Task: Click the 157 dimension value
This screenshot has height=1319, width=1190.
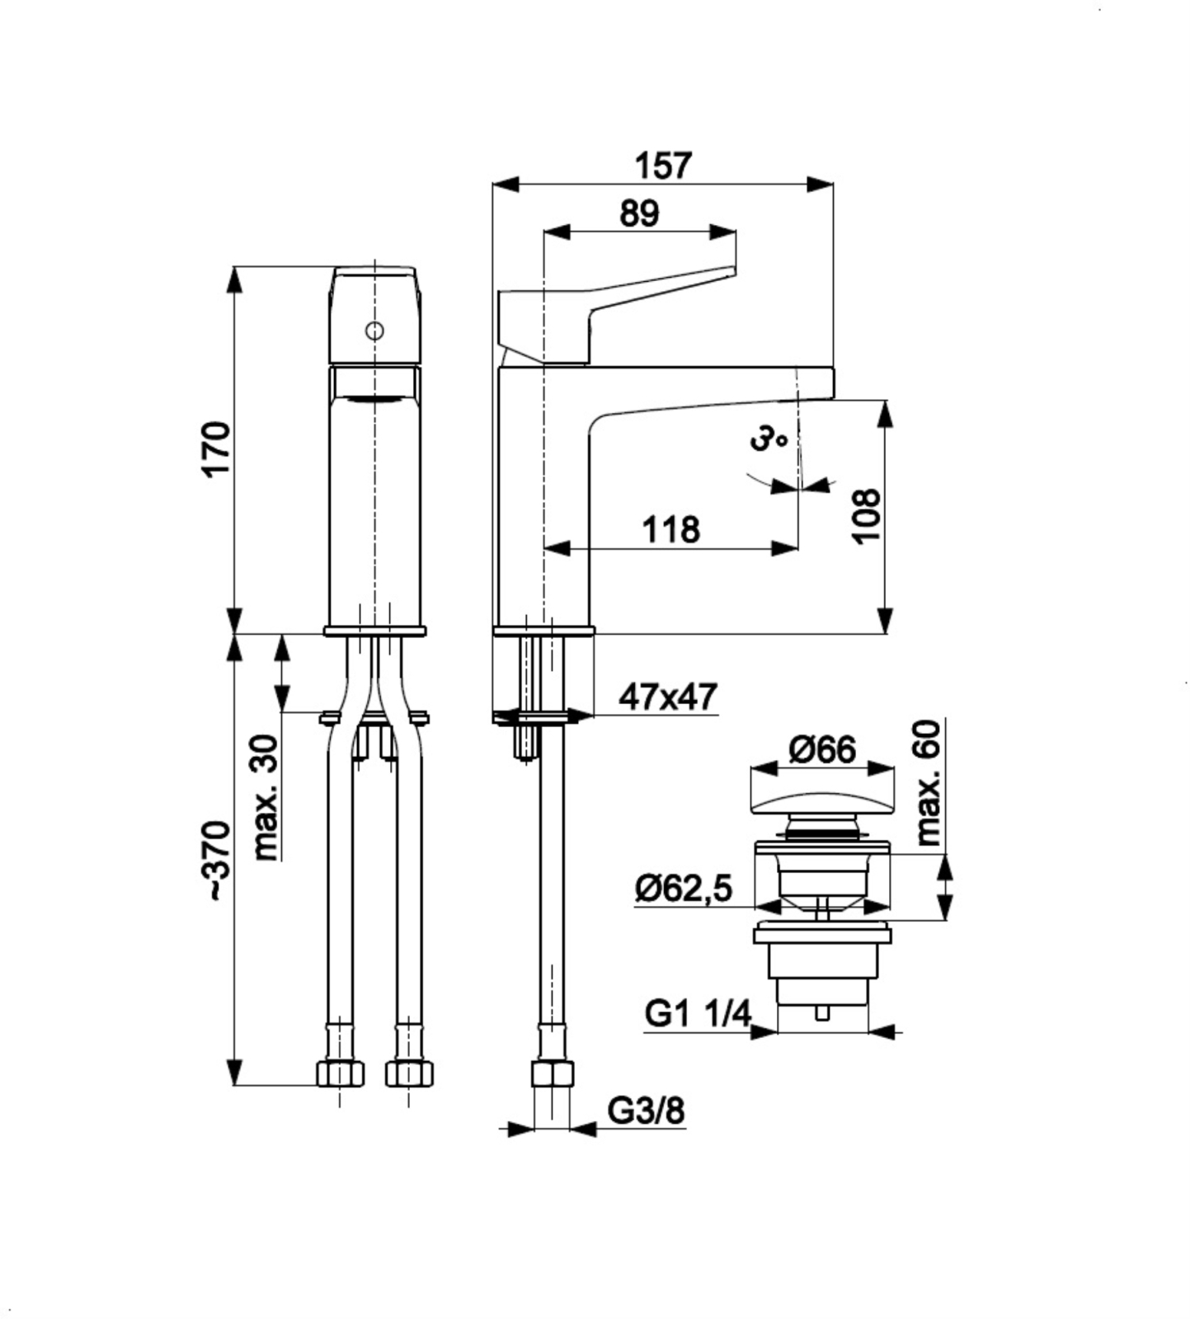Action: click(x=663, y=167)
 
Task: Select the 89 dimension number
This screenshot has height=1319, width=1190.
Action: click(x=640, y=214)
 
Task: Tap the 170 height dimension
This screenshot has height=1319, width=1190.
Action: click(x=216, y=448)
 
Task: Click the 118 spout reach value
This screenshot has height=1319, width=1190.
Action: click(x=671, y=529)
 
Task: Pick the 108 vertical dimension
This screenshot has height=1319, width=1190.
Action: click(x=866, y=515)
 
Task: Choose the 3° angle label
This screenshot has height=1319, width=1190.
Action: click(x=769, y=438)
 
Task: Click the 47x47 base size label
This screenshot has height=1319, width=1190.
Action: click(x=668, y=697)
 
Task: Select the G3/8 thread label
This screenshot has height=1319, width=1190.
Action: click(x=647, y=1111)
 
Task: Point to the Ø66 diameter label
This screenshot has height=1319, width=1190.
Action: click(x=822, y=749)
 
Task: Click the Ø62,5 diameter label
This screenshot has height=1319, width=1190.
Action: click(x=684, y=889)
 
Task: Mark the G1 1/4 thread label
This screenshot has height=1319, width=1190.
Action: click(x=698, y=1013)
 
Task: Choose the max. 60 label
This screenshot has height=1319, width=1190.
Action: click(x=929, y=782)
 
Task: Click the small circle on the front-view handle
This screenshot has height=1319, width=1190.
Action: click(x=374, y=331)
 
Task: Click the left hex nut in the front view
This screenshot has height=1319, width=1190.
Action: click(x=341, y=1073)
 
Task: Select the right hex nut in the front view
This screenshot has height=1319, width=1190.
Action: click(x=409, y=1073)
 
